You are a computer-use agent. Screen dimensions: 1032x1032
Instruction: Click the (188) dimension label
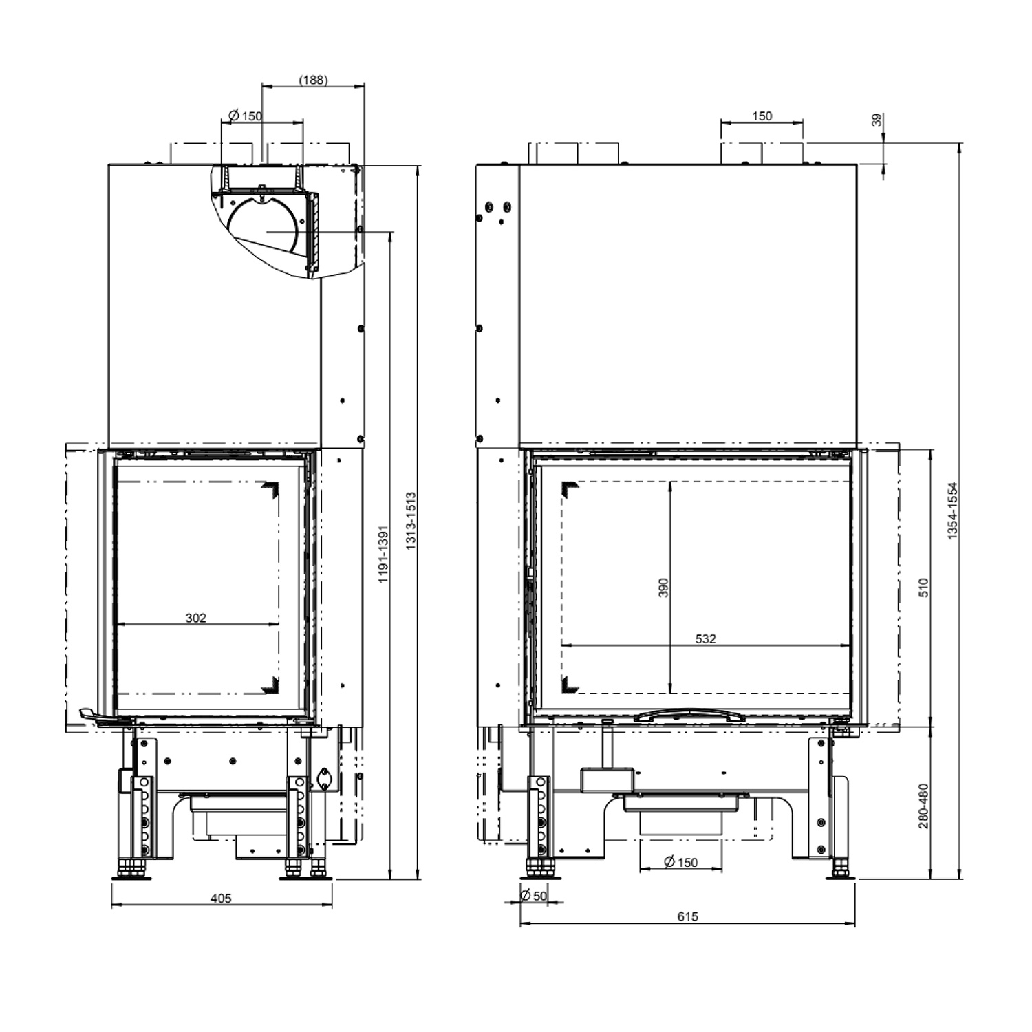pyautogui.click(x=313, y=80)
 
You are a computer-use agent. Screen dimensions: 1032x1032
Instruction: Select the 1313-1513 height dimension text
pyautogui.click(x=411, y=521)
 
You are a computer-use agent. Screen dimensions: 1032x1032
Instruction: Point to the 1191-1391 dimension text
pyautogui.click(x=384, y=555)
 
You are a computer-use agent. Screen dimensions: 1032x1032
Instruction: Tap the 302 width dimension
pyautogui.click(x=196, y=618)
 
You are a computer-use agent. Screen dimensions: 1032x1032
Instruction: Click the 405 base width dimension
pyautogui.click(x=221, y=898)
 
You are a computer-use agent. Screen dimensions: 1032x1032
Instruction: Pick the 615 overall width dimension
pyautogui.click(x=687, y=916)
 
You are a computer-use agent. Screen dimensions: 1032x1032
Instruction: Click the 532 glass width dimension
pyautogui.click(x=705, y=639)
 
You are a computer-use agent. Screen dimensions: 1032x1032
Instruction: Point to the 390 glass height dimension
pyautogui.click(x=663, y=587)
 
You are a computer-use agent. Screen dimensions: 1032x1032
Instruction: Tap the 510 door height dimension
pyautogui.click(x=924, y=587)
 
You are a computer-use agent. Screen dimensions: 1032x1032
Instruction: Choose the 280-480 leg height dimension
pyautogui.click(x=924, y=805)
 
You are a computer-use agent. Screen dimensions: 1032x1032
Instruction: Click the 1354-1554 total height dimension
pyautogui.click(x=953, y=510)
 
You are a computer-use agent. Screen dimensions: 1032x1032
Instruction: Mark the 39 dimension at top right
pyautogui.click(x=877, y=120)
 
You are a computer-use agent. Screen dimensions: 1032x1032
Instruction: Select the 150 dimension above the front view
pyautogui.click(x=762, y=116)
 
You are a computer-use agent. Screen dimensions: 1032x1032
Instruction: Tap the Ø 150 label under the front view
pyautogui.click(x=680, y=862)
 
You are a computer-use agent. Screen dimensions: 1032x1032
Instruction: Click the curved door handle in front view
pyautogui.click(x=689, y=715)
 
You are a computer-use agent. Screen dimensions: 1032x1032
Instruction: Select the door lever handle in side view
pyautogui.click(x=96, y=716)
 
